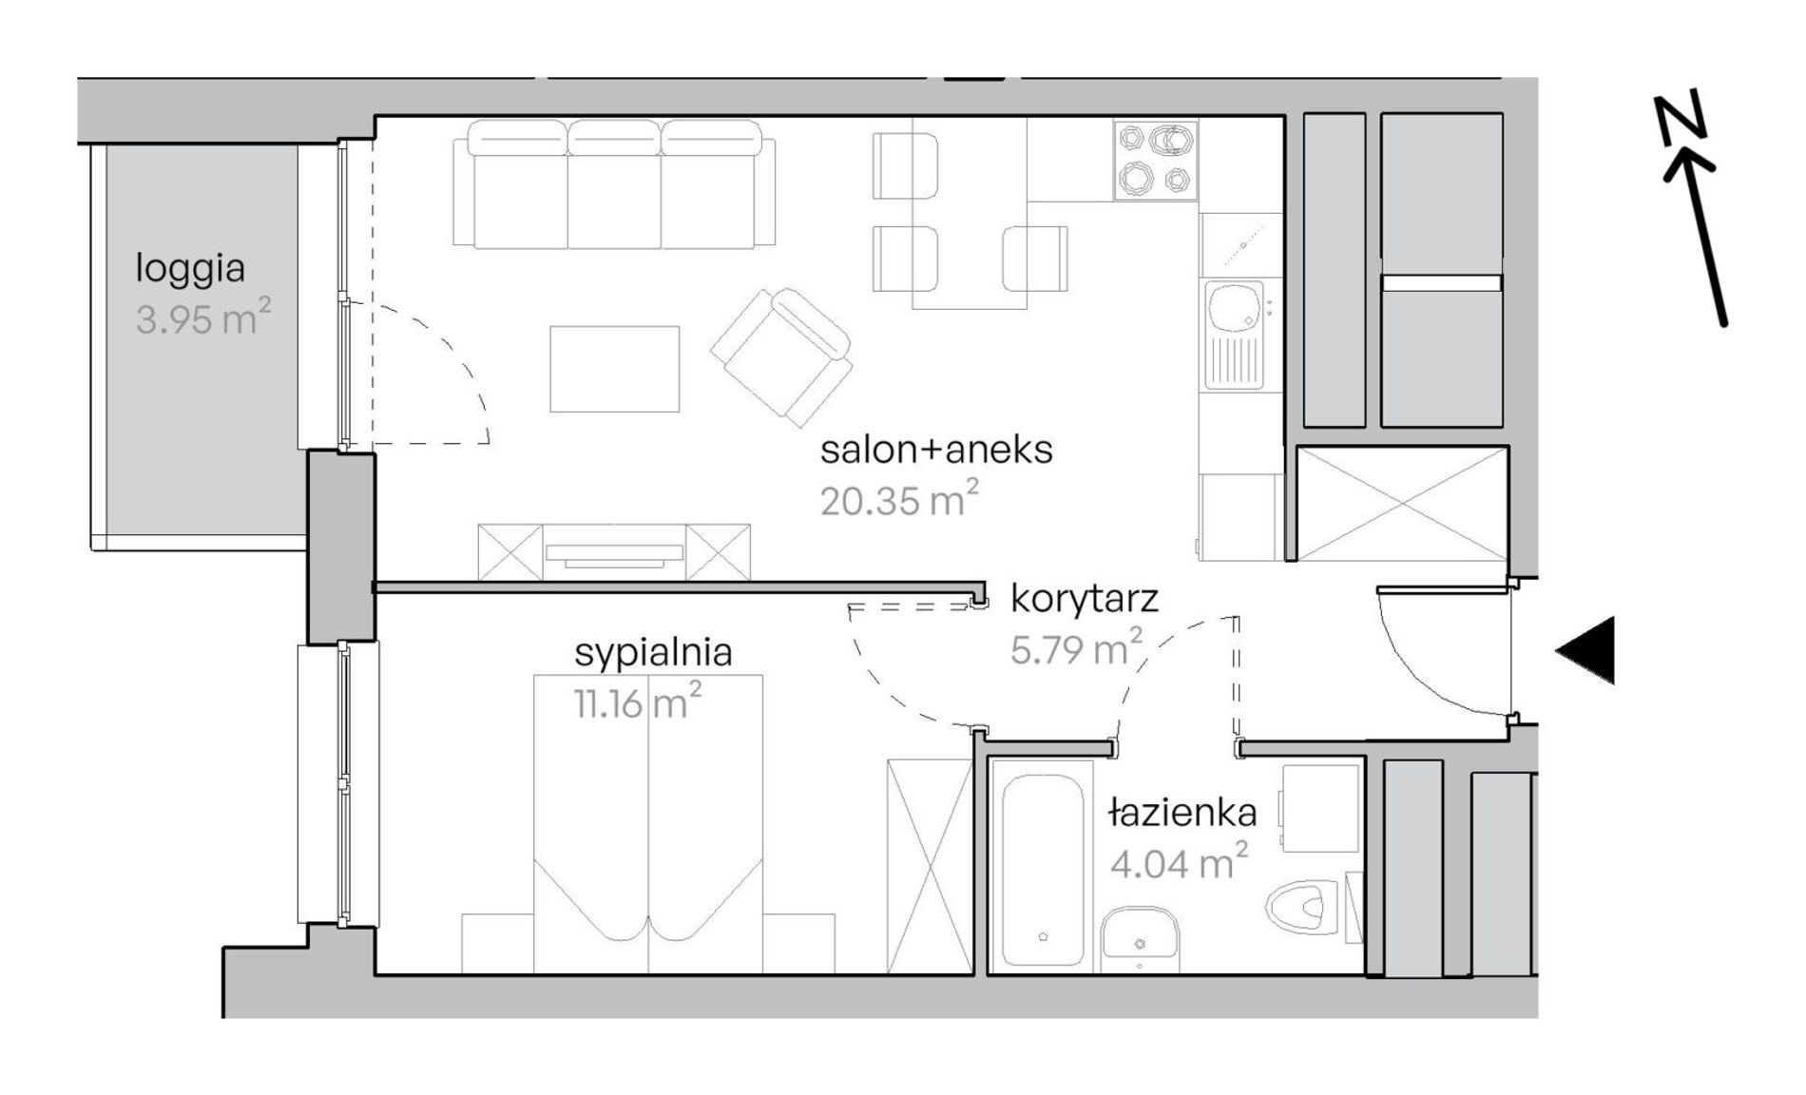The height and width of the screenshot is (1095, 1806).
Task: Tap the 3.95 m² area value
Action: tap(203, 317)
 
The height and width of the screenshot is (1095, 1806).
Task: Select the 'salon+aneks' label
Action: tap(936, 450)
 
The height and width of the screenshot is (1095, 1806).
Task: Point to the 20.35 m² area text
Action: tap(899, 498)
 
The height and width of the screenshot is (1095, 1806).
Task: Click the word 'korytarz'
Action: tap(1085, 600)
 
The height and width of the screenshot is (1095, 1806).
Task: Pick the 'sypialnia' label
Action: tap(653, 653)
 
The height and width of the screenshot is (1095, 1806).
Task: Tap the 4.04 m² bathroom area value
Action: tap(1179, 861)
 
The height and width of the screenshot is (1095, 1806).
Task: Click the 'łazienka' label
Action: tap(1183, 813)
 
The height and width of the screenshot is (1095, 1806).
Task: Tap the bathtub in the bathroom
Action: tap(1042, 867)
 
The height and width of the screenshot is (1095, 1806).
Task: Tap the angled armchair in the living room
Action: tap(781, 355)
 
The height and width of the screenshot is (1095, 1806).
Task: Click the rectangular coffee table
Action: tap(614, 369)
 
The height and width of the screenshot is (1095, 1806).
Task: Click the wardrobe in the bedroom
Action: tap(930, 866)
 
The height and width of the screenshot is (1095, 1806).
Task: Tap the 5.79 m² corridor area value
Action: tap(1076, 647)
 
